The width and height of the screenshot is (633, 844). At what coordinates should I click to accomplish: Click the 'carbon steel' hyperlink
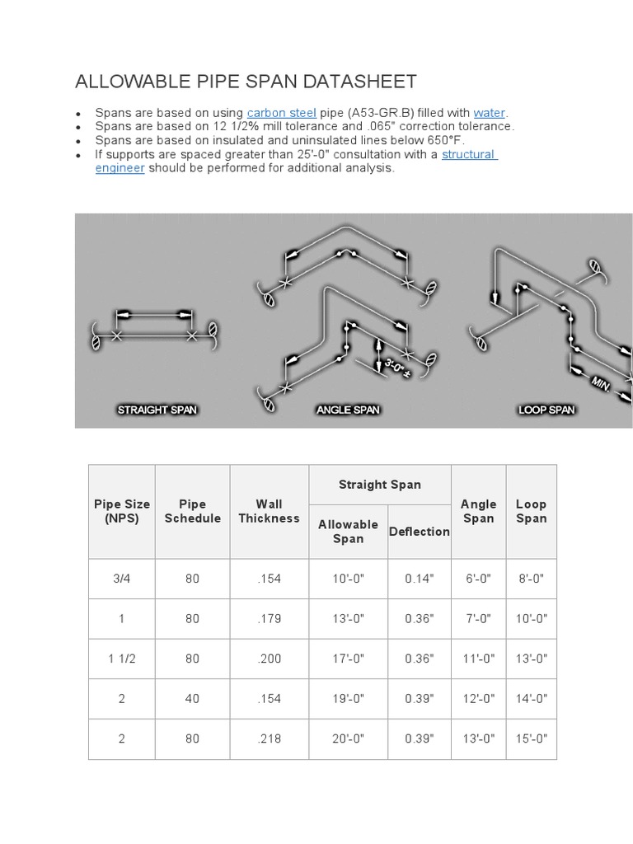coord(281,113)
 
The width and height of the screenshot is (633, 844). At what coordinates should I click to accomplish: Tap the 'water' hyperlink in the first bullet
coord(489,113)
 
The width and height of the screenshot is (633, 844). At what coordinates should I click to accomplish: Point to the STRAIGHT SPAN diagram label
coord(157,410)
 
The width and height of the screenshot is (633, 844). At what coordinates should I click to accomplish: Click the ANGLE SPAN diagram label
coord(348,410)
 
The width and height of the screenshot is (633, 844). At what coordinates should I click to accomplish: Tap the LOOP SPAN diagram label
coord(546,410)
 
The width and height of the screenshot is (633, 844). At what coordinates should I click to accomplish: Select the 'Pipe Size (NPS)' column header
coord(122,511)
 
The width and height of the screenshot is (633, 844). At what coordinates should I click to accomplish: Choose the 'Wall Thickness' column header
coord(269,511)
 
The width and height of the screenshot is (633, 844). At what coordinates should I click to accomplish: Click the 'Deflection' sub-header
coord(420,532)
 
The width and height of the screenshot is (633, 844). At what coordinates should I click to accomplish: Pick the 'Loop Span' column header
coord(531,511)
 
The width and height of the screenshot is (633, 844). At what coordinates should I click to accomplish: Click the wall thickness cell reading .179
coord(269,619)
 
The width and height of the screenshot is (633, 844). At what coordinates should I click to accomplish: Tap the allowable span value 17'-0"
coord(348,659)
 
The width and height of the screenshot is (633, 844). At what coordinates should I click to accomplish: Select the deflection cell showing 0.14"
coord(420,579)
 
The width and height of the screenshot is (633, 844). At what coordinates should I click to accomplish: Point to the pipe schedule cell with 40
coord(192,699)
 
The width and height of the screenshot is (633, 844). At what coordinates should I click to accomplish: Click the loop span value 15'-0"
coord(531,738)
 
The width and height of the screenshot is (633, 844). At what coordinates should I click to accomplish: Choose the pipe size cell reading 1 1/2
coord(122,659)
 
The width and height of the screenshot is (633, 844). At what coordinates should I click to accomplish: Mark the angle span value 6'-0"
coord(478,579)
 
